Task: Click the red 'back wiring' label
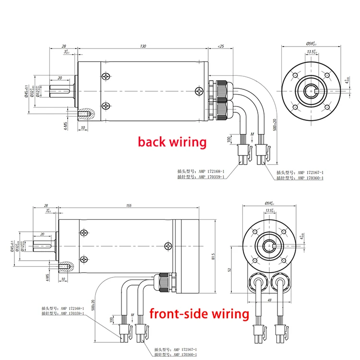point(172,142)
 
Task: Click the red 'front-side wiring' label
point(199,314)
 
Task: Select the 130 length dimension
point(143,47)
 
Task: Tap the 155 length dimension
point(129,205)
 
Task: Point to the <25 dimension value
point(221,47)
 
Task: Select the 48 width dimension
point(269,300)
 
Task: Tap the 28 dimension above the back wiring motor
point(64,47)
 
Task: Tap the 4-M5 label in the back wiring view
point(65,125)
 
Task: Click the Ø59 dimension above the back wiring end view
point(310,44)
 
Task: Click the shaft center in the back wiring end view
point(310,89)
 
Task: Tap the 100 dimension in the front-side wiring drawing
point(112,319)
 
